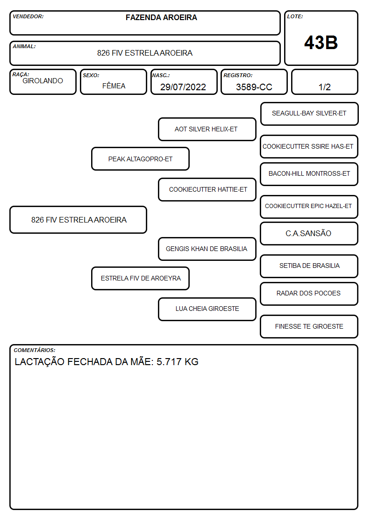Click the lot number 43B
click(321, 43)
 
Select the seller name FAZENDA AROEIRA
click(161, 17)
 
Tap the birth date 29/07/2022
click(183, 87)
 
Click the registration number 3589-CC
click(254, 87)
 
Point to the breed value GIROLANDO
click(43, 81)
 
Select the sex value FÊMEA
click(114, 86)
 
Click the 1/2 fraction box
click(324, 82)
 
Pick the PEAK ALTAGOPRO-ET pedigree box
click(140, 158)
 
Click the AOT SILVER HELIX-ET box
click(207, 129)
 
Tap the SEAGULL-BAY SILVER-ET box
click(309, 114)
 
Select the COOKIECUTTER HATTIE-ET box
click(207, 189)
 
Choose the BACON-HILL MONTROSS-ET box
click(309, 174)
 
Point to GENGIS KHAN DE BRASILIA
click(207, 249)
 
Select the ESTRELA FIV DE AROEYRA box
click(140, 278)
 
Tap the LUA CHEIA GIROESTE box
click(207, 309)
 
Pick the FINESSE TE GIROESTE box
click(309, 326)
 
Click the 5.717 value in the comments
click(169, 362)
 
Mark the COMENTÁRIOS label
click(35, 350)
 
